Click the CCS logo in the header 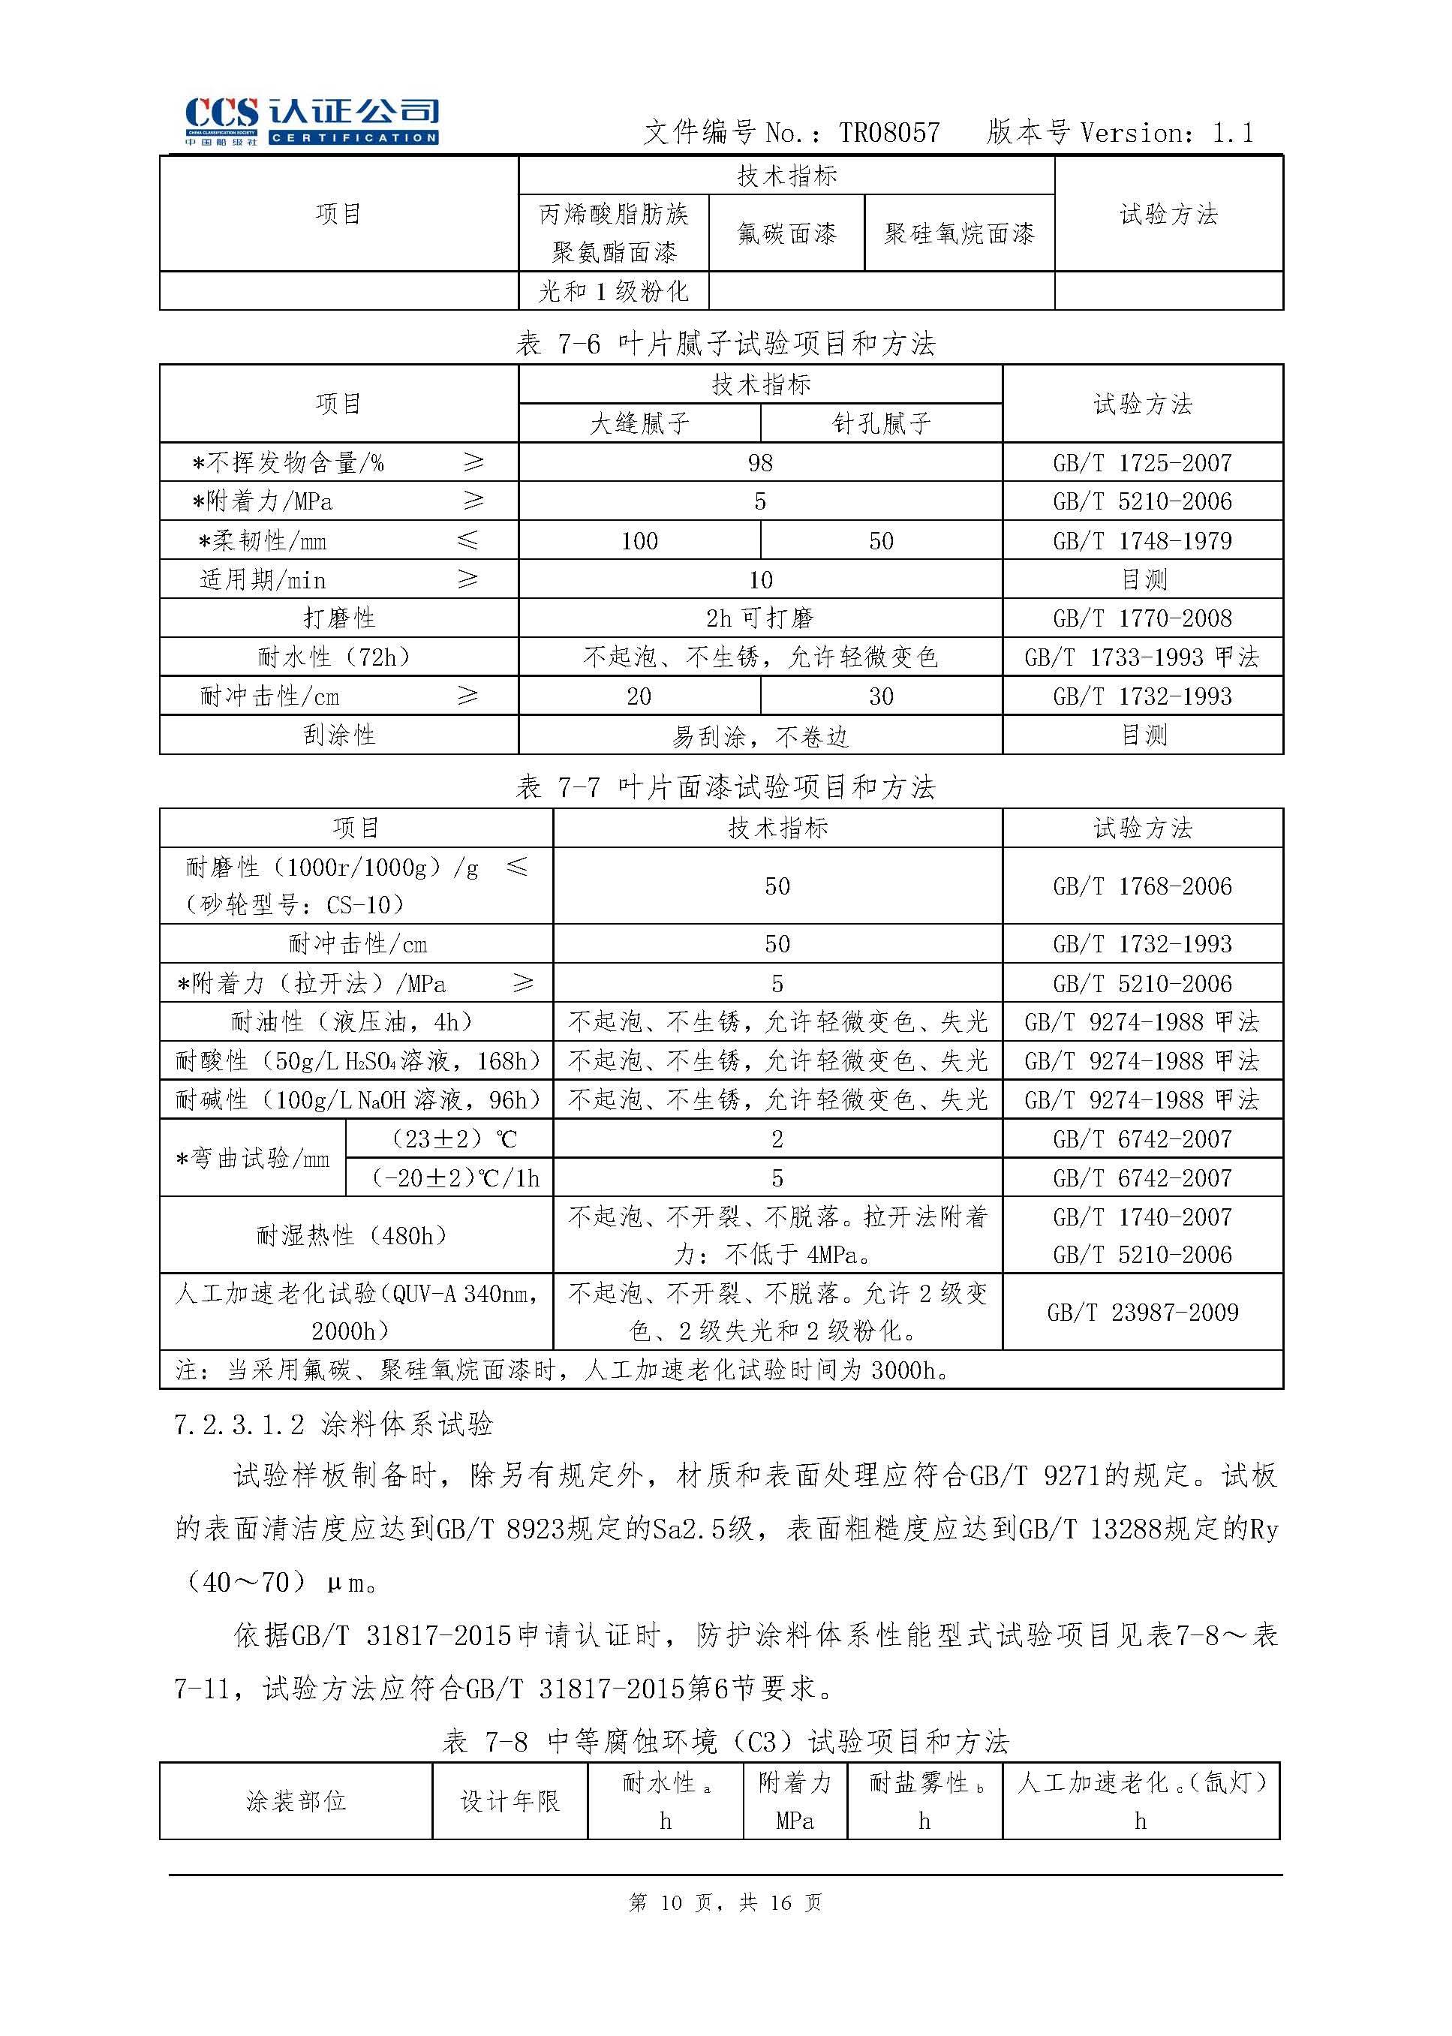point(311,122)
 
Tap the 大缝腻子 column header point(639,423)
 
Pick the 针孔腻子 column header point(881,423)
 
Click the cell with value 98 point(760,462)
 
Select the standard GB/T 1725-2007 point(1142,462)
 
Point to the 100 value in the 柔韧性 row point(639,541)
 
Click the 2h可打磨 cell point(760,618)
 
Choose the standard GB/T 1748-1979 point(1142,541)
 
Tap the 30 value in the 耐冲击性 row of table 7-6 point(881,696)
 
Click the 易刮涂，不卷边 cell point(760,736)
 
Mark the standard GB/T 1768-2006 point(1142,886)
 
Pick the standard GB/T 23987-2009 point(1142,1312)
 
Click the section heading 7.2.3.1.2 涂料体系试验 point(332,1424)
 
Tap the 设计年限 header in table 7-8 point(510,1801)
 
